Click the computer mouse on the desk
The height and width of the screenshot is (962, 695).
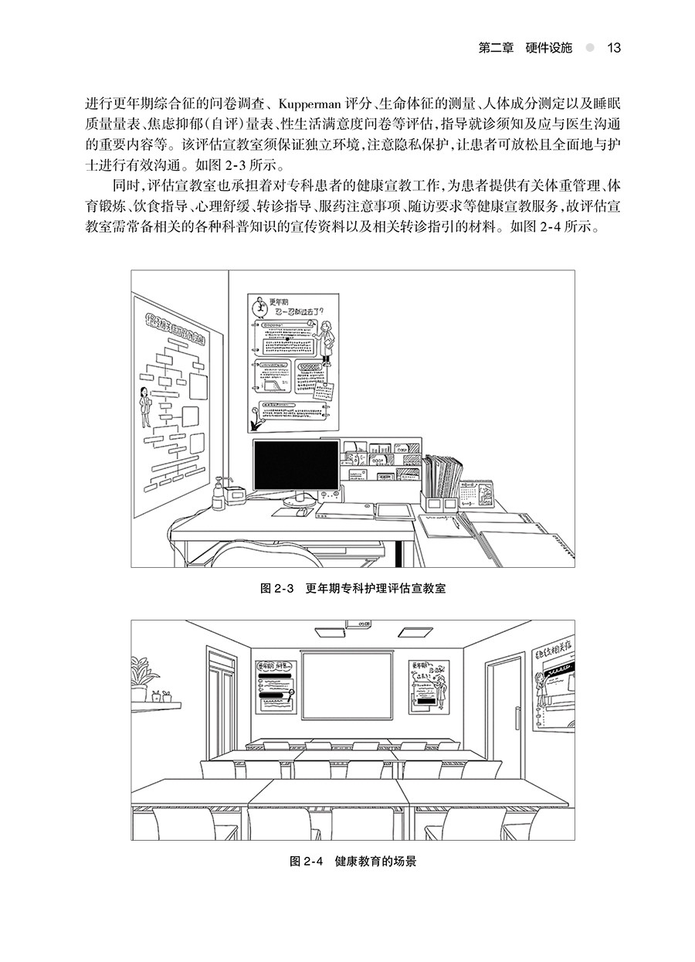(x=303, y=512)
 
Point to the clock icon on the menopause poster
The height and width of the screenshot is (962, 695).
(x=263, y=307)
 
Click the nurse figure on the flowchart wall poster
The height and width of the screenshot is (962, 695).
(x=144, y=408)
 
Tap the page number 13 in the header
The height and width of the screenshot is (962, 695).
(x=614, y=48)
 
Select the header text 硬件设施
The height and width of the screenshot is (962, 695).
(x=545, y=48)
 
